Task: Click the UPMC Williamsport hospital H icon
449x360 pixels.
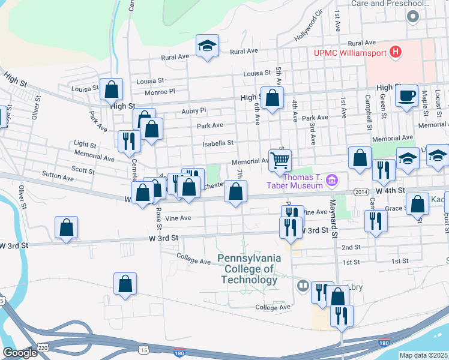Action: tap(395, 53)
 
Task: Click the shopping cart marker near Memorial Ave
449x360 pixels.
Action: tap(280, 160)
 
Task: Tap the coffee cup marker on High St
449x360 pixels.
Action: tap(406, 95)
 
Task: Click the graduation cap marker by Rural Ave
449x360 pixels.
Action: tap(207, 45)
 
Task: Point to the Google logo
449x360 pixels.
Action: tap(19, 353)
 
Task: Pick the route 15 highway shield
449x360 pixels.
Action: tap(142, 349)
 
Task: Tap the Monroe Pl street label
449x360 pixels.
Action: tap(163, 92)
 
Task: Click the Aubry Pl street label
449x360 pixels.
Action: tap(193, 111)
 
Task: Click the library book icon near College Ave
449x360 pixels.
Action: tap(303, 286)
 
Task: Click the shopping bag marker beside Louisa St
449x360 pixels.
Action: tap(112, 89)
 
